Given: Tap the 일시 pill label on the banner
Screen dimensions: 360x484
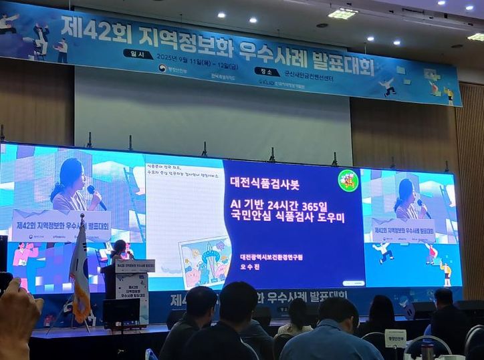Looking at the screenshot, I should pyautogui.click(x=138, y=54).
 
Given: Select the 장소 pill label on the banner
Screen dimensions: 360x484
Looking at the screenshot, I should pyautogui.click(x=267, y=71).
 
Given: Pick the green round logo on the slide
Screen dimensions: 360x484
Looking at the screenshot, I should pyautogui.click(x=348, y=180).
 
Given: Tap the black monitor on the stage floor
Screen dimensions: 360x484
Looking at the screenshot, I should pyautogui.click(x=120, y=313).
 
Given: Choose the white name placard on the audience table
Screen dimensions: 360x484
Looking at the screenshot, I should pyautogui.click(x=395, y=338).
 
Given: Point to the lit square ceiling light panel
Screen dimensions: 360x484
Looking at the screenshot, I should pyautogui.click(x=343, y=13).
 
